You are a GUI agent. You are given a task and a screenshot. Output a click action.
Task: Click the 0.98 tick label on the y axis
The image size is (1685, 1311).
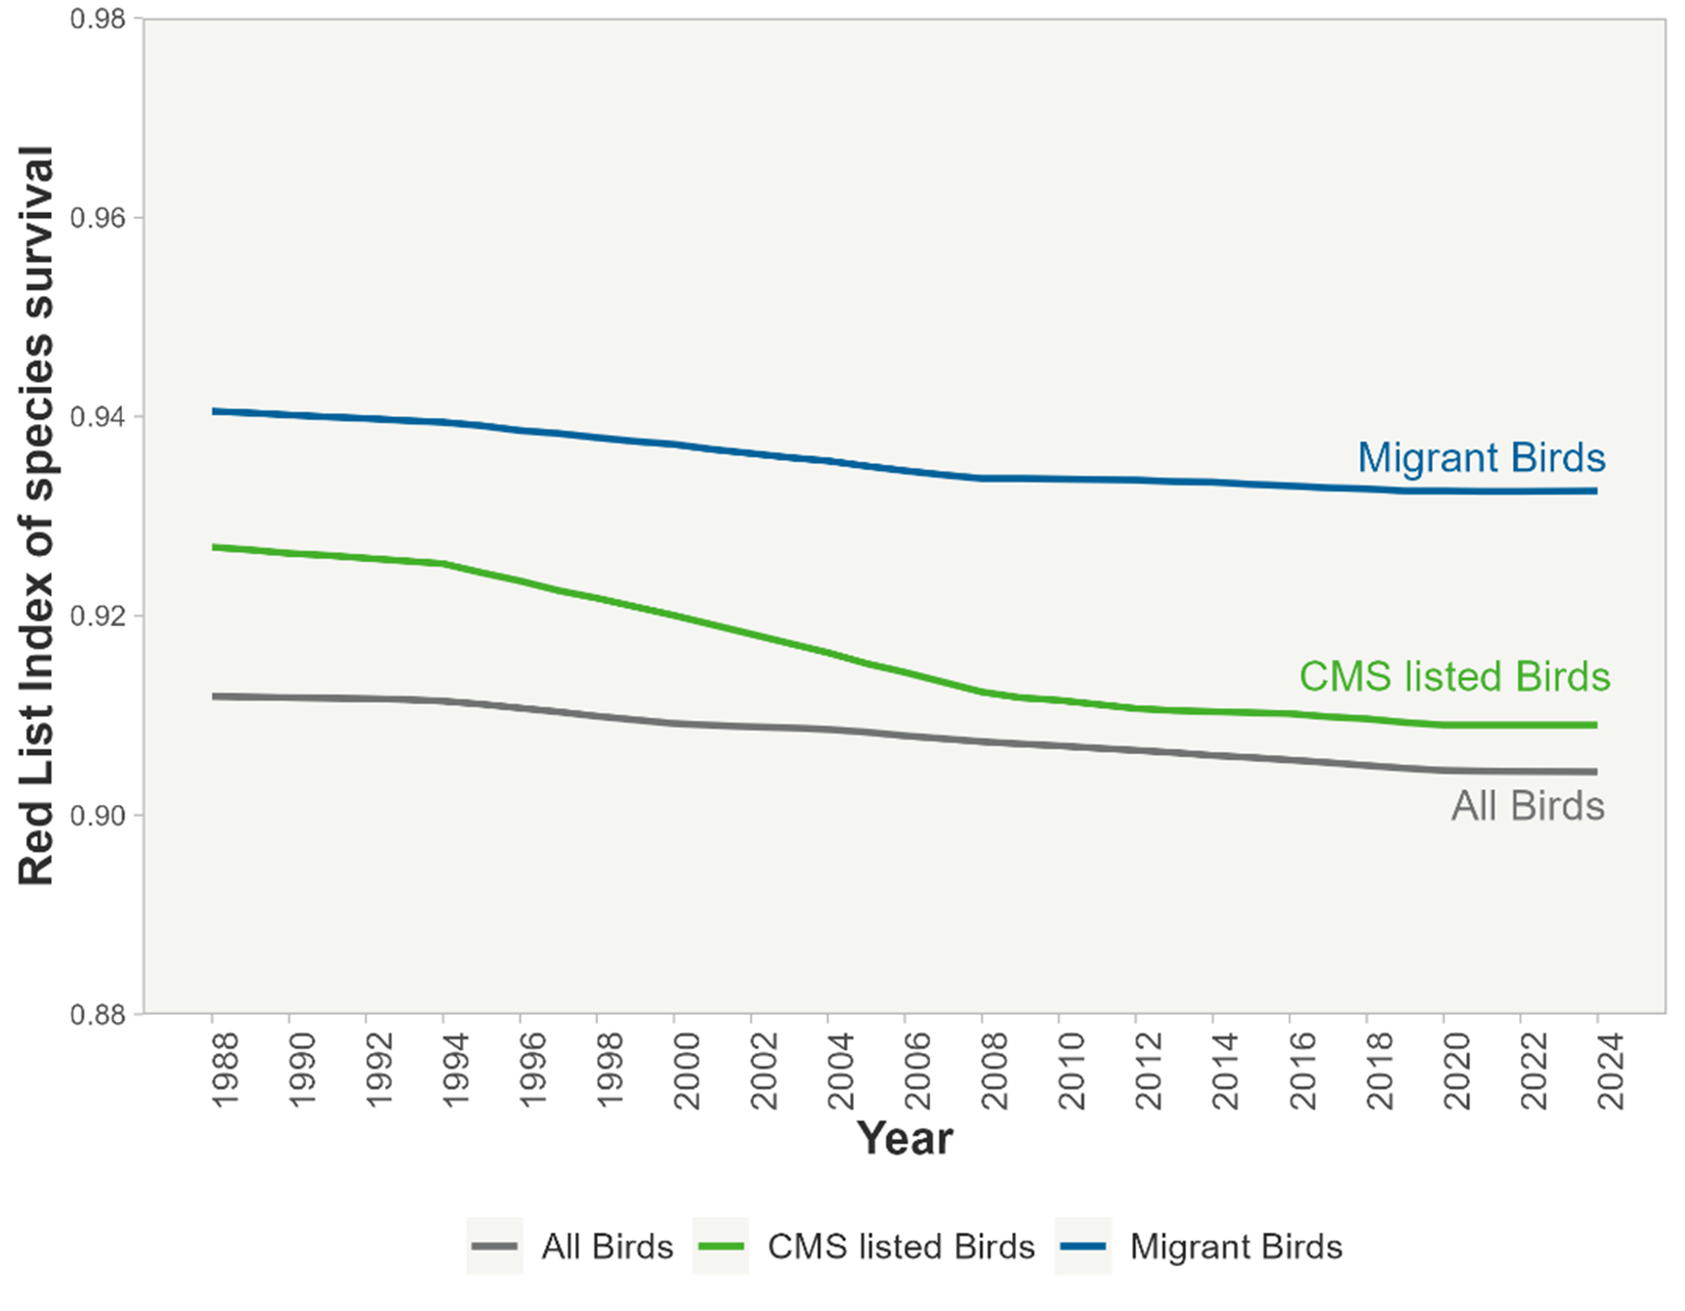(99, 20)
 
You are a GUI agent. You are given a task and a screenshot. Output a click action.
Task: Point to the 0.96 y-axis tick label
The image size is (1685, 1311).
(99, 218)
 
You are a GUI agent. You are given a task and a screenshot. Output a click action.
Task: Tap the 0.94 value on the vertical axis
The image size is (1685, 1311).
(99, 417)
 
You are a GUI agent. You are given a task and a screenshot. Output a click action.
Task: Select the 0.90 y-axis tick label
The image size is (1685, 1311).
(99, 815)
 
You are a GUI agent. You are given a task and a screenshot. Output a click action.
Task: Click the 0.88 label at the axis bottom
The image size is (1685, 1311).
(99, 1014)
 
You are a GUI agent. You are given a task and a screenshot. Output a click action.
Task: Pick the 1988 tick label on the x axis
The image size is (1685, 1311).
(226, 1070)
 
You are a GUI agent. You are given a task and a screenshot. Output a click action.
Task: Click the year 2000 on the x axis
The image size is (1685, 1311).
(688, 1070)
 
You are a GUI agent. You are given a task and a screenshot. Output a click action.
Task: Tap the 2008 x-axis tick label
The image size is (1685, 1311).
(995, 1070)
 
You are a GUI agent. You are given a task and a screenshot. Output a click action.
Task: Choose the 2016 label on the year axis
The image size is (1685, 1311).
(1303, 1070)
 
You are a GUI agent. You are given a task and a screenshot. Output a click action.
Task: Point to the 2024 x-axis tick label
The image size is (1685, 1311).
(1611, 1070)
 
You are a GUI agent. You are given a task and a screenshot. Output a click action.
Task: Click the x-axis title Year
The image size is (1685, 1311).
(905, 1138)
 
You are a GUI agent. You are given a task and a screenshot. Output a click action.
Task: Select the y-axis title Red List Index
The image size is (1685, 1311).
(36, 516)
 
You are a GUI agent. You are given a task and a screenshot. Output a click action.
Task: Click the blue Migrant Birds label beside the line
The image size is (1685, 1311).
(1481, 457)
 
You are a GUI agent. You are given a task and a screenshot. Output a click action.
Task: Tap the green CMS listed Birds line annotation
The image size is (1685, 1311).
(1453, 676)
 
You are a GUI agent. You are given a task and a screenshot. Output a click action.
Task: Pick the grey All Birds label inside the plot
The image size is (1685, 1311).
(1528, 806)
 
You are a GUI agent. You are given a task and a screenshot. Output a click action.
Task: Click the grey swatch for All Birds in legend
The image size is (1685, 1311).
(494, 1247)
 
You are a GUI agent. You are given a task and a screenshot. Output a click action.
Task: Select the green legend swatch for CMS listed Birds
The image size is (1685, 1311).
(721, 1247)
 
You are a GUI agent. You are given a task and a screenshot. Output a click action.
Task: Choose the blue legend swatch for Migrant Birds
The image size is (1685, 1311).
(1082, 1247)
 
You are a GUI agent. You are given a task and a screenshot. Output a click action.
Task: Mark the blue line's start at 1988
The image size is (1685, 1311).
(213, 411)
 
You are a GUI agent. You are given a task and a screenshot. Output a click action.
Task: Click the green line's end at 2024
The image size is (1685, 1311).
(1595, 725)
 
